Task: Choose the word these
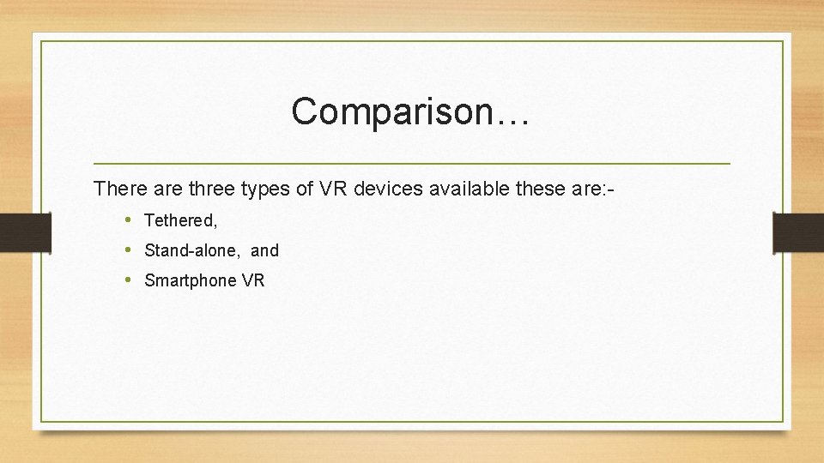click(541, 189)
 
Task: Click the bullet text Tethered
click(179, 221)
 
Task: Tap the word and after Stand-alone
click(264, 251)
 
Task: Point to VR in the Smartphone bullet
click(254, 280)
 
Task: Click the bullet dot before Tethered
click(127, 220)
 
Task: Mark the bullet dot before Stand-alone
click(127, 250)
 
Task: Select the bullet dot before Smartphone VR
click(127, 280)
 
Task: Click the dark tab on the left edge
click(25, 232)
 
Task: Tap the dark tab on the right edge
click(798, 232)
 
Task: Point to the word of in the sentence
click(305, 189)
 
